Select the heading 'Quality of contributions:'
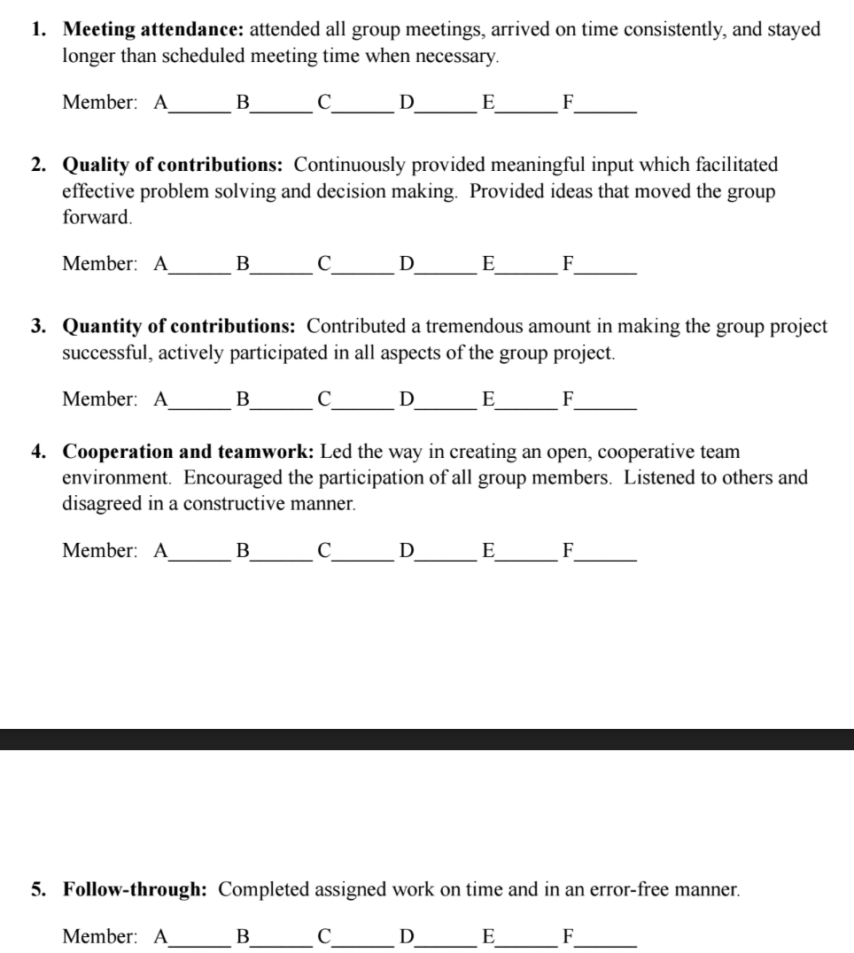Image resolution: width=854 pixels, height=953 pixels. (x=173, y=165)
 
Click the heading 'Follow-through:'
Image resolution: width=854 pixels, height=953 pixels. (x=136, y=889)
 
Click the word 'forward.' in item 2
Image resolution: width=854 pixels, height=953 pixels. (x=97, y=217)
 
